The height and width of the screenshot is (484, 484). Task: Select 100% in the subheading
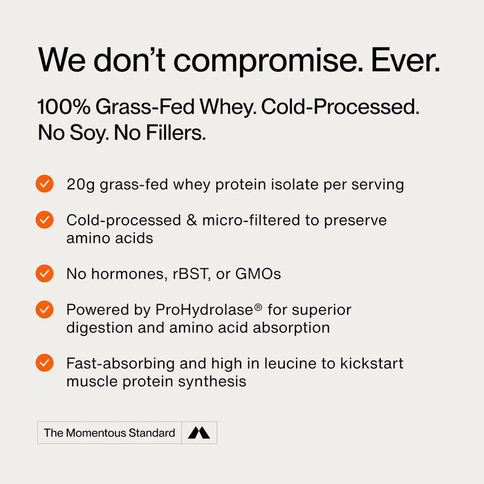point(63,107)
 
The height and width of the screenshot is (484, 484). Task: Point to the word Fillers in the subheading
point(176,133)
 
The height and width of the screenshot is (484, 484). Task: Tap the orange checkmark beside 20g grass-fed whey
point(44,184)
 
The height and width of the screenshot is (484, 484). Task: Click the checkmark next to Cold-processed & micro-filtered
point(44,220)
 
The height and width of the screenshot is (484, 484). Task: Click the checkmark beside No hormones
point(44,273)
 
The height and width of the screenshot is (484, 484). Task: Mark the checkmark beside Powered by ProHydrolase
point(44,309)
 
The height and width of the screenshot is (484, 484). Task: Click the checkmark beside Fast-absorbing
point(44,362)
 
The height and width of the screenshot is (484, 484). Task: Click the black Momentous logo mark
point(199,433)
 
